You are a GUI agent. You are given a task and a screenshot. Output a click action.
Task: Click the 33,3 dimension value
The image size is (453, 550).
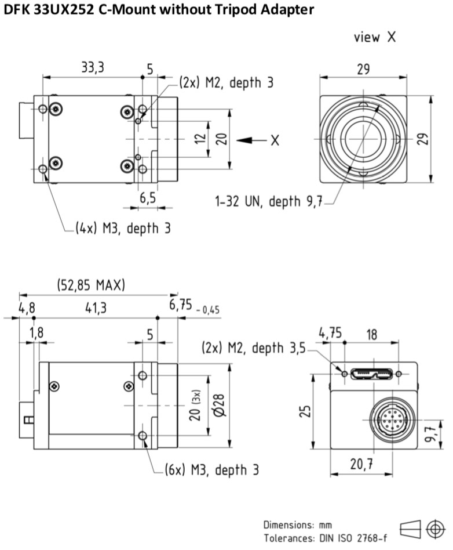[x=93, y=67]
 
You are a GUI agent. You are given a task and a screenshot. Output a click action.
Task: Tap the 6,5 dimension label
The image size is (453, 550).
[x=148, y=198]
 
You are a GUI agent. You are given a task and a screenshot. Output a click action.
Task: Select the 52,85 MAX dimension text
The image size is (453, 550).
[x=91, y=285]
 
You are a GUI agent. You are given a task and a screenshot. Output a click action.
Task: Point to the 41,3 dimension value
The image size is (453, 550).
[x=96, y=308]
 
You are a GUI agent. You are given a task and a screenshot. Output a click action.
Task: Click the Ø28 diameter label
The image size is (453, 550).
[x=219, y=405]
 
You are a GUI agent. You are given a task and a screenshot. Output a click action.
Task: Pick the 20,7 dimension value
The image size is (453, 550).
[x=361, y=464]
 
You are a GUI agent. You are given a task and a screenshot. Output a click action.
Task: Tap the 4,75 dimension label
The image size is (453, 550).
[x=330, y=333]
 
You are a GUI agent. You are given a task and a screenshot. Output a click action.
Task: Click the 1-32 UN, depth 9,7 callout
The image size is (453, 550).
[x=269, y=201]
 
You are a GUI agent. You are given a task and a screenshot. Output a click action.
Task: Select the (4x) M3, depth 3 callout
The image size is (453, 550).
[x=123, y=229]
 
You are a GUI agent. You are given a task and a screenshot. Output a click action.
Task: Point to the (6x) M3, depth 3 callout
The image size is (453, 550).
[x=211, y=470]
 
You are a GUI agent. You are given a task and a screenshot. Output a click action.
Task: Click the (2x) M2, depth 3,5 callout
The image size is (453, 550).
[x=254, y=348]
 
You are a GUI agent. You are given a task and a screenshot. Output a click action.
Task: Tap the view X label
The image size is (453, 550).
[x=375, y=37]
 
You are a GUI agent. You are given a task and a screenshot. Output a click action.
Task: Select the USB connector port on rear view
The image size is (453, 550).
[x=371, y=374]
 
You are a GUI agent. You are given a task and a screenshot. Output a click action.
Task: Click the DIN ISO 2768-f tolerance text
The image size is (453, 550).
[x=353, y=538]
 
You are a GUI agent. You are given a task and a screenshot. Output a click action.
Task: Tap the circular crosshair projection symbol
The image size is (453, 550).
[x=436, y=529]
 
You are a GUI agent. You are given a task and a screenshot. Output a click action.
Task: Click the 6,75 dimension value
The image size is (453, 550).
[x=181, y=305]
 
